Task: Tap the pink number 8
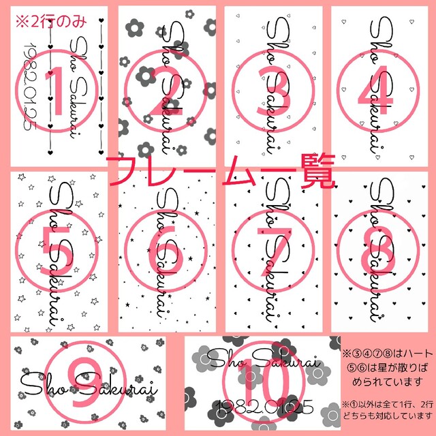[x=381, y=253]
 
